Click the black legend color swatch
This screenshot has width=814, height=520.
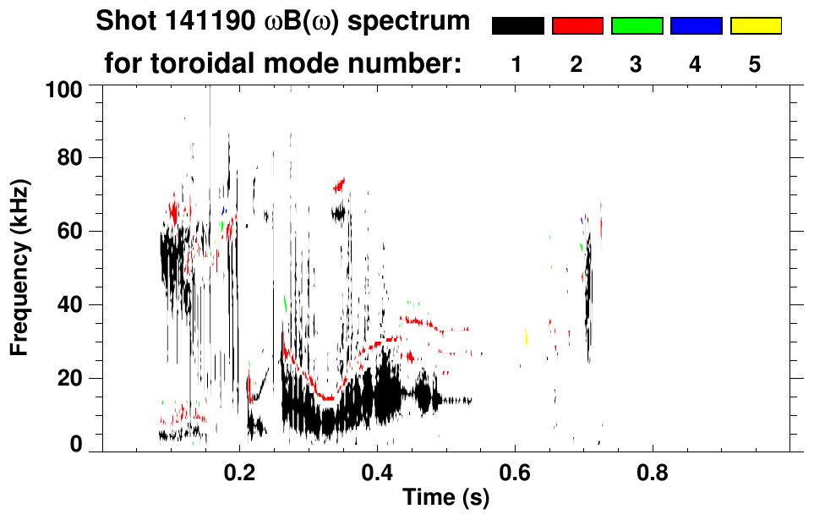click(517, 26)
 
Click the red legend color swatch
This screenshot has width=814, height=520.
click(577, 26)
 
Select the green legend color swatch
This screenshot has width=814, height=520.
click(636, 26)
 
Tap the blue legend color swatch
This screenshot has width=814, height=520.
click(696, 26)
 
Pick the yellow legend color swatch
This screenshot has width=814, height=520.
click(755, 26)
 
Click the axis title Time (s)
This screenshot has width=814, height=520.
click(445, 499)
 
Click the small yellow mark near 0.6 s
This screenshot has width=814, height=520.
click(526, 337)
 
